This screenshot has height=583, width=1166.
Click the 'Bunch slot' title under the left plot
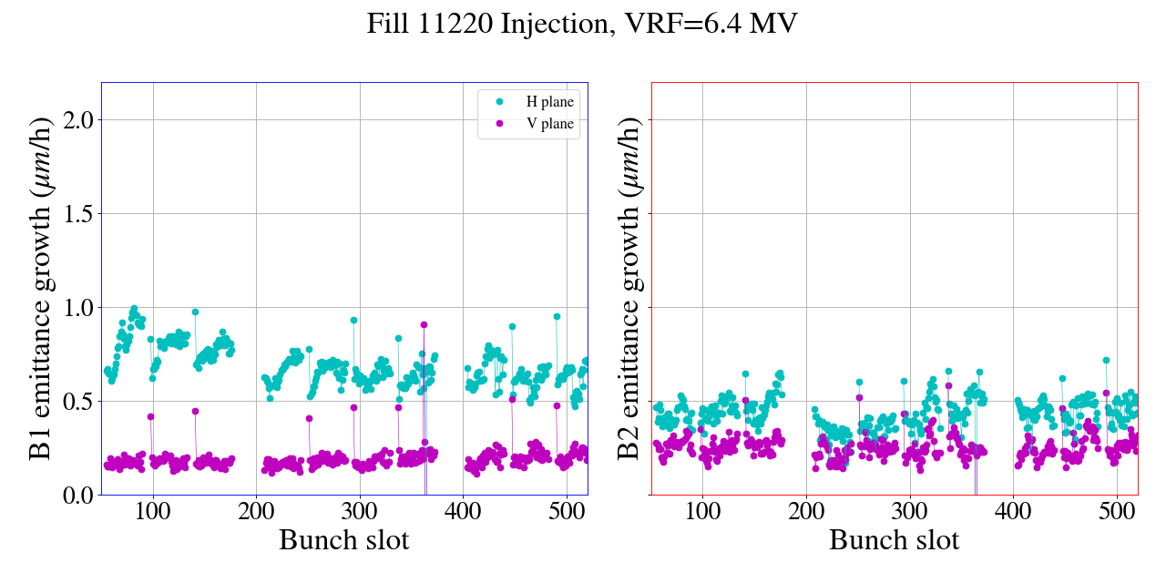(x=343, y=540)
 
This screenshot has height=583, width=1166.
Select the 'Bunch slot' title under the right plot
(x=894, y=540)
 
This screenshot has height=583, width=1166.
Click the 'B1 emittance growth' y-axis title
(x=41, y=289)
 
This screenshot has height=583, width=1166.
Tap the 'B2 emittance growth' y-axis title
(x=628, y=289)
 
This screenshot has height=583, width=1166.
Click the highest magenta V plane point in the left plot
(x=424, y=324)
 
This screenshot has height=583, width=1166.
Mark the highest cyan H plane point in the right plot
(x=1106, y=360)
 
